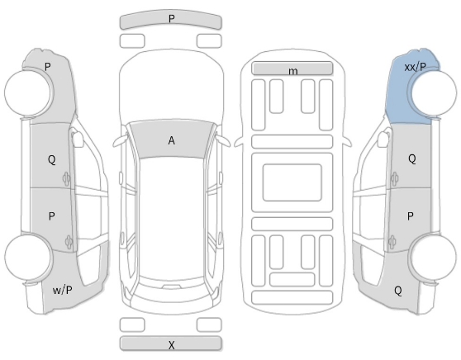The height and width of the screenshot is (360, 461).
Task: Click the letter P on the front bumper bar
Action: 171,19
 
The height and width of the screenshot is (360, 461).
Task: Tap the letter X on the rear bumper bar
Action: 171,345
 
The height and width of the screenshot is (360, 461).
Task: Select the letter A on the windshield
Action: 171,140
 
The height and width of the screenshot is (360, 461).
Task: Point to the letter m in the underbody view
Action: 292,71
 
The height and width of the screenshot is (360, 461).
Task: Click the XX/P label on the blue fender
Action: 415,68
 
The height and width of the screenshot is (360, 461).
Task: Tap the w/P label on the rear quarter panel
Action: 62,291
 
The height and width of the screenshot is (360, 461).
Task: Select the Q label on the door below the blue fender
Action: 412,159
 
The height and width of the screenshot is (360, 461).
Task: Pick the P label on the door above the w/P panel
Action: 51,216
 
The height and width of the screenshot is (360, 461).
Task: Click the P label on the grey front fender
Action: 47,67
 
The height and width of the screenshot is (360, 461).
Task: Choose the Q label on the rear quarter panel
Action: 397,291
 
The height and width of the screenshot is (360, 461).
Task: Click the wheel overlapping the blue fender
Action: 434,92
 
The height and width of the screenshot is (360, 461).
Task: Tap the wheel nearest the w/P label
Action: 28,257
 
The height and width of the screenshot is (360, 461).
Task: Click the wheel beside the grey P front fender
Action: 28,92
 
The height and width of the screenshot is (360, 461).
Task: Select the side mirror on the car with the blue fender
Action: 383,139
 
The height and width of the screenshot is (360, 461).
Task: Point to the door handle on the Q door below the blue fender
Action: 394,178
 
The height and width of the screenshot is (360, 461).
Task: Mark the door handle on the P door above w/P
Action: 69,243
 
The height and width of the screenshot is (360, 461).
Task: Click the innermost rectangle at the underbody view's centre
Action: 292,182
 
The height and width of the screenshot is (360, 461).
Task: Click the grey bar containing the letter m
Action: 292,69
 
